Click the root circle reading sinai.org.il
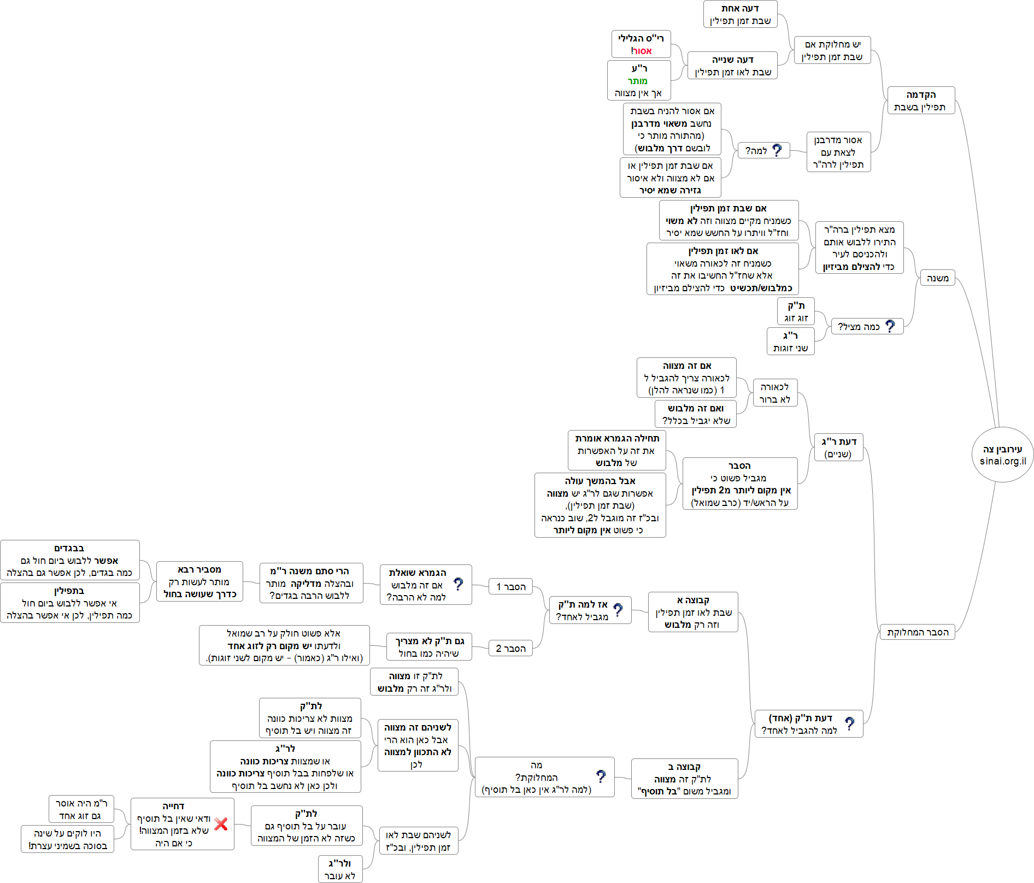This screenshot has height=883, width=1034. (x=1002, y=455)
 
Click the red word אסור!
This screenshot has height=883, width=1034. (x=642, y=51)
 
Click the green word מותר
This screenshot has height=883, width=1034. (x=638, y=81)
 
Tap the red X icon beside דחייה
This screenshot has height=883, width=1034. (x=221, y=824)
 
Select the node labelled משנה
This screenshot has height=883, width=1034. (x=937, y=278)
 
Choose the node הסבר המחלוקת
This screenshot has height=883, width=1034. (x=917, y=632)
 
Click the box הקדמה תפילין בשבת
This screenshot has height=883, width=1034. (x=920, y=101)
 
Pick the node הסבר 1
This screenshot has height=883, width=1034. (x=510, y=586)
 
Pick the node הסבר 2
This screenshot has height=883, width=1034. (x=510, y=649)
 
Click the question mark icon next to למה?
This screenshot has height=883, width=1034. (x=777, y=150)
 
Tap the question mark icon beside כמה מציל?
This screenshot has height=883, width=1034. (x=890, y=326)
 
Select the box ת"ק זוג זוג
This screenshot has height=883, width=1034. (x=796, y=311)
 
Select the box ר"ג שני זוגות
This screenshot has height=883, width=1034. (x=790, y=342)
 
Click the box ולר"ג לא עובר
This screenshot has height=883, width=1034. (x=340, y=869)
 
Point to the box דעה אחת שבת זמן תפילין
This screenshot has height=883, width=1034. (x=740, y=14)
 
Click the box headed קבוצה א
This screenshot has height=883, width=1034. (x=693, y=612)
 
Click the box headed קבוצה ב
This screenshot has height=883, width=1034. (x=684, y=779)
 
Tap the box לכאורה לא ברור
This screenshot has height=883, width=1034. (x=774, y=393)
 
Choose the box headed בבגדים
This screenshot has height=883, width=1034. (x=69, y=560)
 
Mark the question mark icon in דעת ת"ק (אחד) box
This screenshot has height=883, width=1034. (x=849, y=723)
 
